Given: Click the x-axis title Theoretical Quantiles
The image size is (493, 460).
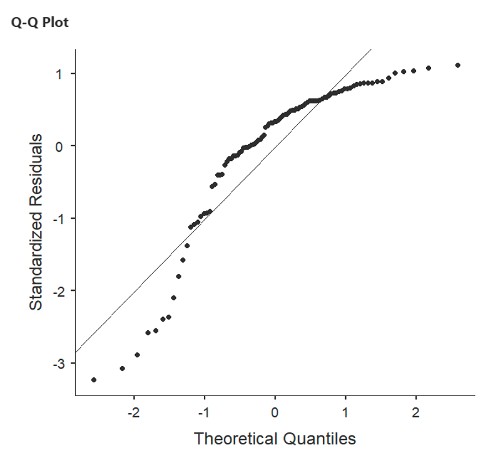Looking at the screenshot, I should (x=275, y=438).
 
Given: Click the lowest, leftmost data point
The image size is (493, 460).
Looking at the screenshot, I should (x=94, y=380).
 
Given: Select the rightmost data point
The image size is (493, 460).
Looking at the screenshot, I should (x=458, y=65).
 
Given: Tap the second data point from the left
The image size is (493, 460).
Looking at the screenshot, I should (x=122, y=369).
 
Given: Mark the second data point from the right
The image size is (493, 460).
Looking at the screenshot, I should (x=429, y=68).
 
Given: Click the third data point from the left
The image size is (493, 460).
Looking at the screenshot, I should (x=137, y=355).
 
